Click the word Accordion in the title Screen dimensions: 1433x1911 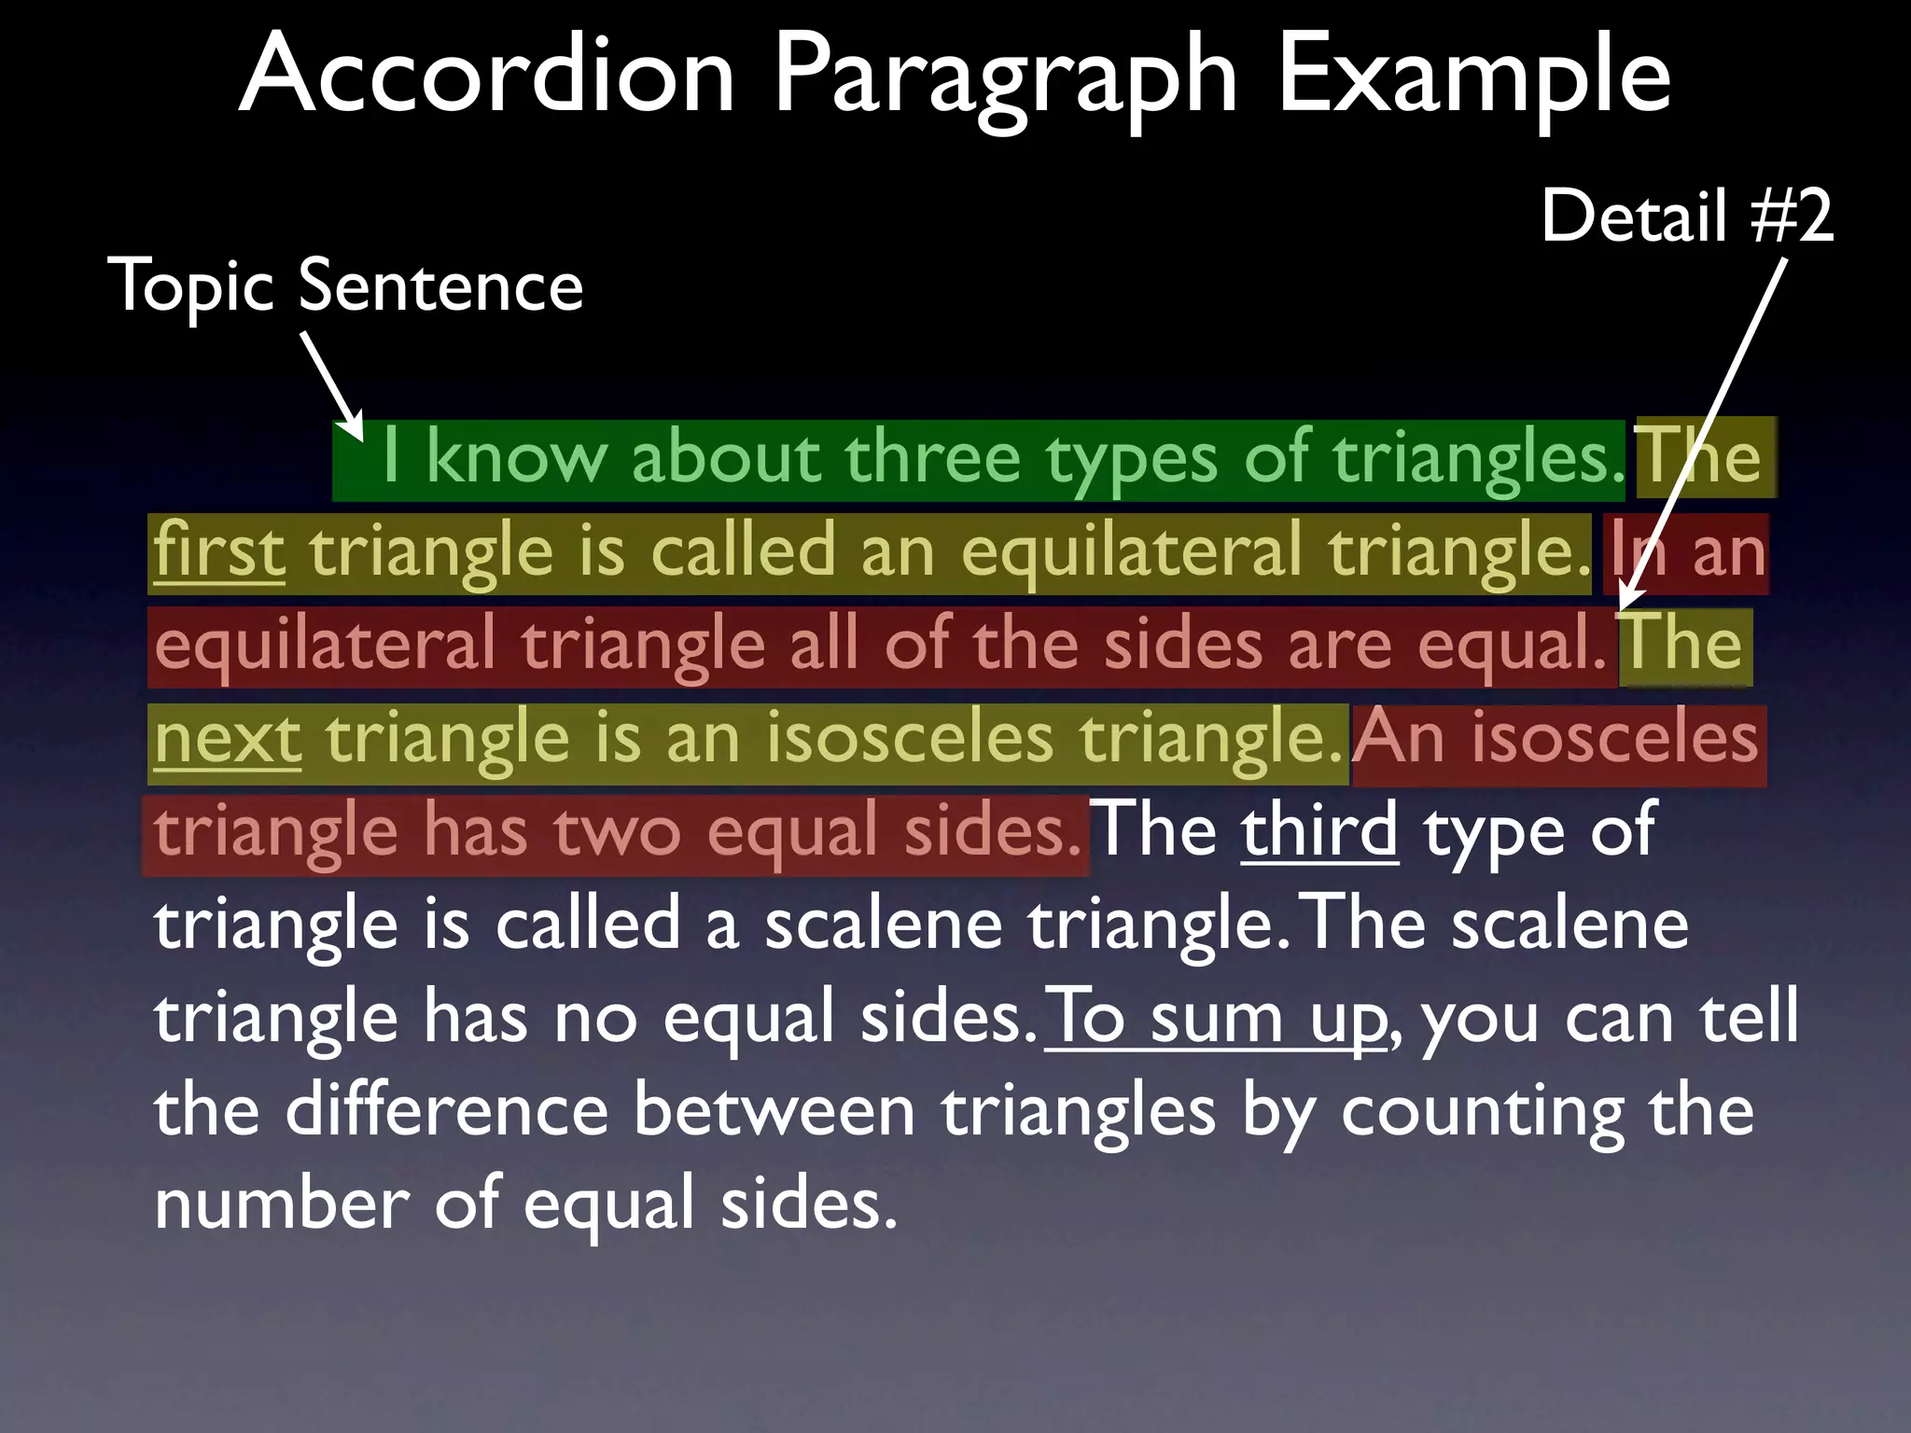488,75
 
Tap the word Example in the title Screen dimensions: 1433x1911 1473,75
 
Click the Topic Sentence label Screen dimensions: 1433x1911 345,285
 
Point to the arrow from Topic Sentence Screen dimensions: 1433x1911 332,384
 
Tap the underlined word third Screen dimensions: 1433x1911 1319,830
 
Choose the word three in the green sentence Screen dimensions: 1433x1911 932,458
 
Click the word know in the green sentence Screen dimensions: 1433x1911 516,458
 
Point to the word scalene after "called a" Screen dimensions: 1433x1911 883,925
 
